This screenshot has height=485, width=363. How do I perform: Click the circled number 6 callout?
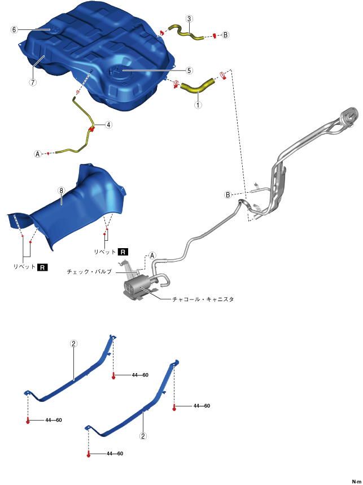14,29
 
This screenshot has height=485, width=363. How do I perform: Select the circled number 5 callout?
189,71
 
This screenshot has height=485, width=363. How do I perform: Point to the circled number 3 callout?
189,19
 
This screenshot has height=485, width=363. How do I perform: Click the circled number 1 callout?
198,105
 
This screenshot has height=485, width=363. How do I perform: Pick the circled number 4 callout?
108,125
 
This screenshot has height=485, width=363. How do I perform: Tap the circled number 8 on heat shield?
61,191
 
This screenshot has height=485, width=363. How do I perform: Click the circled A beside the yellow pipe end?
38,154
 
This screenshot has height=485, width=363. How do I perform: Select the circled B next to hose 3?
225,35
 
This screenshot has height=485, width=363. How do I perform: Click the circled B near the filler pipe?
228,195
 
